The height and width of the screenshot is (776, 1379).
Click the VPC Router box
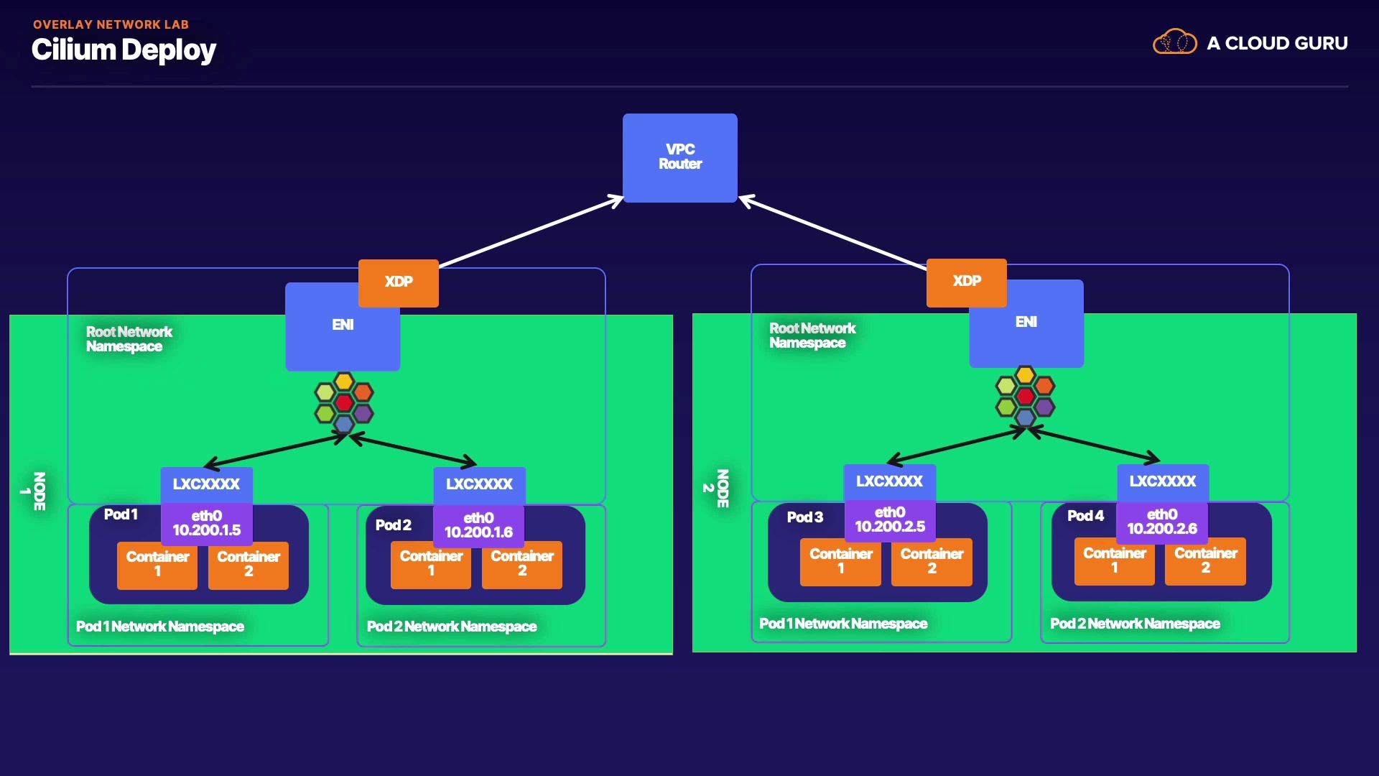tap(679, 157)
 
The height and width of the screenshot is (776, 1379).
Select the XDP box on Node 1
tap(399, 282)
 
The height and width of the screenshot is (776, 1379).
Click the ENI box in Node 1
tap(342, 338)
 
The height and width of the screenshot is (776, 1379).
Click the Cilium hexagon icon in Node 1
tap(344, 402)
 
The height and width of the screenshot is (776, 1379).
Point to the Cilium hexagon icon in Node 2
tap(1025, 396)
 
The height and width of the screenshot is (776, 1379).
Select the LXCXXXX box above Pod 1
tap(206, 484)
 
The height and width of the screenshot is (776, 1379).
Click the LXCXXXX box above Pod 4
tap(1162, 481)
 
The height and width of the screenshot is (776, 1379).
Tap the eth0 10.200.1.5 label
tap(207, 523)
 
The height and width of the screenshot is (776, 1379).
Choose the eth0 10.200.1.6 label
tap(478, 525)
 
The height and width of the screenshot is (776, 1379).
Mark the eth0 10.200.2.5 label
tap(890, 519)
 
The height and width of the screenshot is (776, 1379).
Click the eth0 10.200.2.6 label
tap(1161, 522)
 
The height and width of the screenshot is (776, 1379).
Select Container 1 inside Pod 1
tap(157, 565)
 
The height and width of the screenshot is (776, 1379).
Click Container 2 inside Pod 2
tap(522, 564)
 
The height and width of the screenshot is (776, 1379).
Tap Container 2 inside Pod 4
tap(1205, 561)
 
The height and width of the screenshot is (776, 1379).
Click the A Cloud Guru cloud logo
tap(1174, 42)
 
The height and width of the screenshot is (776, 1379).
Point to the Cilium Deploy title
tap(124, 50)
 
